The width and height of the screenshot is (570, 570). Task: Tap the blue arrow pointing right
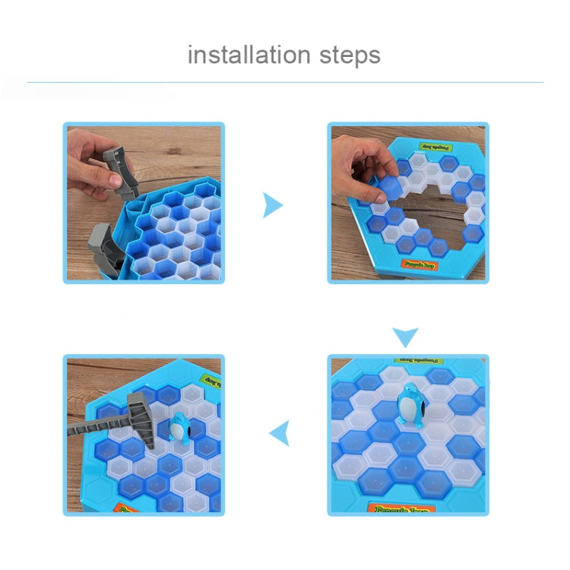click(x=272, y=205)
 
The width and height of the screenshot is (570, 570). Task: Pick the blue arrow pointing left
click(x=280, y=433)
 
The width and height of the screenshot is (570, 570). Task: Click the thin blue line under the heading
click(x=285, y=82)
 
